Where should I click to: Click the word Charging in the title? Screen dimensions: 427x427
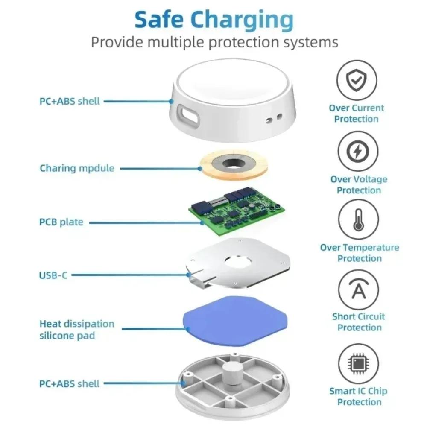point(242,20)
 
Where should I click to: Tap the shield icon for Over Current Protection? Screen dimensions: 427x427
point(357,80)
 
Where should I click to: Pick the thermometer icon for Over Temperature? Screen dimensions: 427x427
point(358,219)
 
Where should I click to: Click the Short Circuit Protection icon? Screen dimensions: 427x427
point(359,290)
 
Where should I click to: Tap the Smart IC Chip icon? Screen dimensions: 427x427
point(358,364)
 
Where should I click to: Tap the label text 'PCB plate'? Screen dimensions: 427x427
point(61,222)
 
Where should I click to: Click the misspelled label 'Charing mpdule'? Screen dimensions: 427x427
point(77,168)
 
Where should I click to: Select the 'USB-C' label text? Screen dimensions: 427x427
point(53,275)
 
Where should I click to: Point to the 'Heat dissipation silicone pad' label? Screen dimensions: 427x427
point(76,330)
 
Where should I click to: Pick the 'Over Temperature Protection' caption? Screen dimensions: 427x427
point(360,253)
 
